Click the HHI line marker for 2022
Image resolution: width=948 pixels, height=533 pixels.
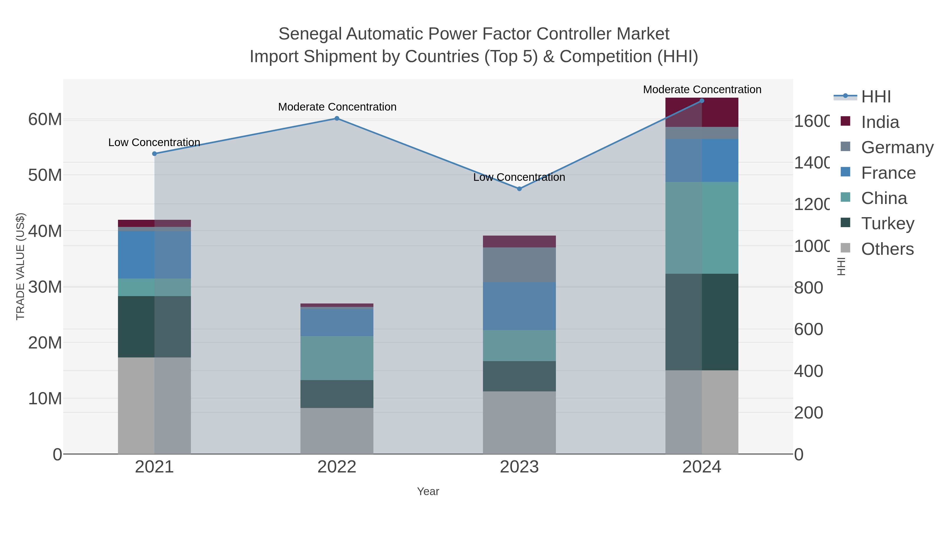coord(337,118)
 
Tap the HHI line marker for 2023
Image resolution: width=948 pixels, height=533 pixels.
coord(519,189)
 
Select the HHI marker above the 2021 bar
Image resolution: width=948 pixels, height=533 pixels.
coord(155,154)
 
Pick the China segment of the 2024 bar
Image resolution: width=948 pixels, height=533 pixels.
coord(702,228)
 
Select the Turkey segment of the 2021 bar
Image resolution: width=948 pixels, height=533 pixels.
coord(154,327)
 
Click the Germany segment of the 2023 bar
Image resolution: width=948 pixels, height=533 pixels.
coord(519,265)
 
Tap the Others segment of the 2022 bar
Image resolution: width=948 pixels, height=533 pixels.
coord(337,431)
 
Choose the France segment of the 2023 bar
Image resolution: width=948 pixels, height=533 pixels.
coord(519,306)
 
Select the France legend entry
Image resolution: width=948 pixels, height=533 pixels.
coord(888,173)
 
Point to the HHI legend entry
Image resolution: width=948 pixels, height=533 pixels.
coord(876,97)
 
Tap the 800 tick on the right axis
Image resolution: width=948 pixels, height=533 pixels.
coord(808,288)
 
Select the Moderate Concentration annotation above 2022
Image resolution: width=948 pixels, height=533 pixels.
coord(337,107)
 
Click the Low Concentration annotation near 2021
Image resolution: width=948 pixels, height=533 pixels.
coord(154,142)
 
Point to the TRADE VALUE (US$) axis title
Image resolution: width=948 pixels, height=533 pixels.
coord(21,266)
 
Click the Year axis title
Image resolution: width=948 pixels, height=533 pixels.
coord(428,491)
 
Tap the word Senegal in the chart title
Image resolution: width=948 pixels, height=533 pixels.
coord(310,34)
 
